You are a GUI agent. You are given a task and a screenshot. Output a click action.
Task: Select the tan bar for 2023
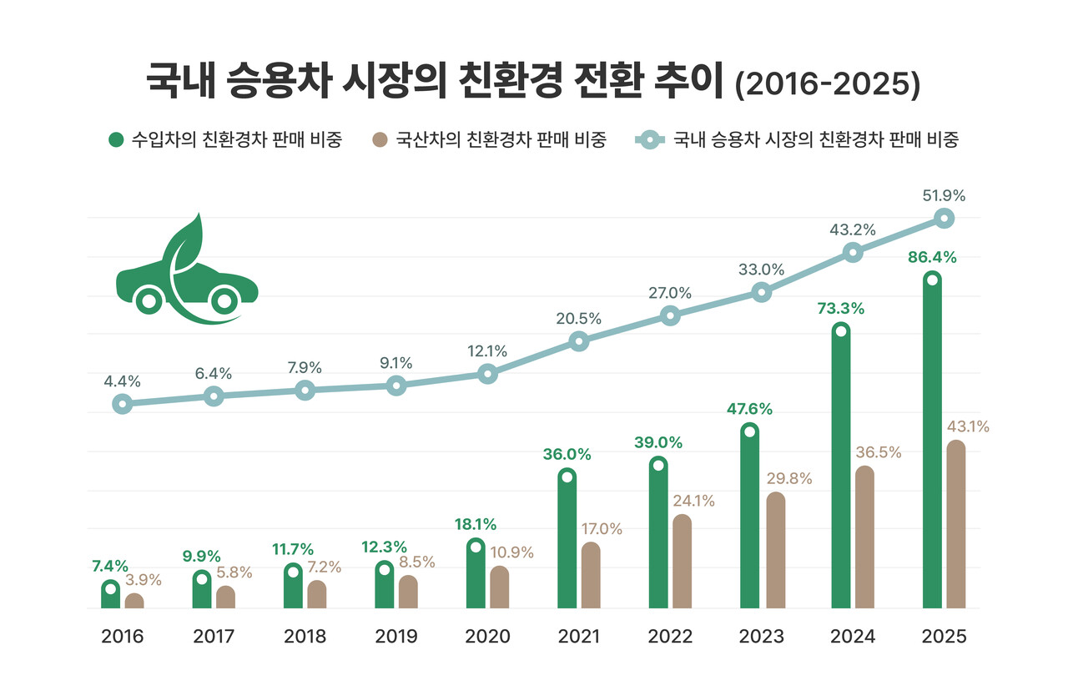click(775, 550)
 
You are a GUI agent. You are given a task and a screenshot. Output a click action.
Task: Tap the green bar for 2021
click(567, 538)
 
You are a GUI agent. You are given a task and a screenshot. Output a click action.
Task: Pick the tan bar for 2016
click(134, 601)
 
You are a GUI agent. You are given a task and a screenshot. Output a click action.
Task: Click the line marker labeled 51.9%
click(944, 219)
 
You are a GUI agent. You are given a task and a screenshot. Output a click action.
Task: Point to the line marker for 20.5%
click(578, 341)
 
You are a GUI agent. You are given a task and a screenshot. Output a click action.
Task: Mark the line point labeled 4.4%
click(123, 404)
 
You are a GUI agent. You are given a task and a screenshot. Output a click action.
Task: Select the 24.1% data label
click(693, 502)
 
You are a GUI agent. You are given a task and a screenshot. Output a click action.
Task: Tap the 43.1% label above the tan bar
click(968, 426)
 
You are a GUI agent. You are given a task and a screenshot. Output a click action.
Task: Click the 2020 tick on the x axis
click(487, 637)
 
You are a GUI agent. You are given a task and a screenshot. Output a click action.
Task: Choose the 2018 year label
click(305, 637)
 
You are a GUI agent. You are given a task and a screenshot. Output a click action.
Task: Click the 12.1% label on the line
click(487, 351)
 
